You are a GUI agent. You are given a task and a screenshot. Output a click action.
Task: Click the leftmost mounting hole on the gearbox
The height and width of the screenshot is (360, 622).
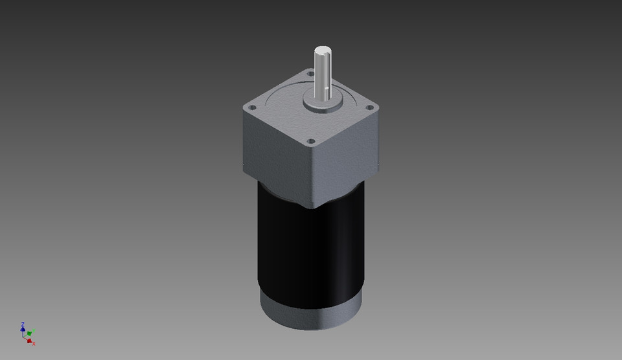(253, 106)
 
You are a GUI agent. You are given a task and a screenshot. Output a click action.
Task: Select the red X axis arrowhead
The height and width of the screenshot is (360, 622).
(30, 340)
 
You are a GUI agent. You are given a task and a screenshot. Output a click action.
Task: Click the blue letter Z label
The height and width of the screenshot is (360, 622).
(22, 324)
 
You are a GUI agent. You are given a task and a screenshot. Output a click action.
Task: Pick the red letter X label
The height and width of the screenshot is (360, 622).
(34, 343)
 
